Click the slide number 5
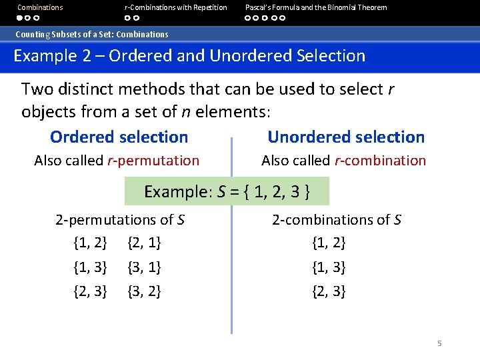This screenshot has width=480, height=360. (439, 343)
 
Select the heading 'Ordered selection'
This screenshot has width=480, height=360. (119, 137)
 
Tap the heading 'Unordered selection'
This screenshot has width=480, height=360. (345, 137)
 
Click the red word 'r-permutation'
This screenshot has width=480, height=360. (153, 160)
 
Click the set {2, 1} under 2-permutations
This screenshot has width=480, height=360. (143, 243)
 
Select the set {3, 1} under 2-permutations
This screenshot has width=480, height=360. (143, 267)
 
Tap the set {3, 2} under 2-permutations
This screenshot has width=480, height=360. (143, 291)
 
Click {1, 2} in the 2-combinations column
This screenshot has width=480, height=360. (329, 243)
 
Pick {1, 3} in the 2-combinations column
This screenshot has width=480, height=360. (329, 267)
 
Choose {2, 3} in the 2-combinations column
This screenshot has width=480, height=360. (329, 291)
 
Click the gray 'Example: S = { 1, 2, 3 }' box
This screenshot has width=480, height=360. (227, 192)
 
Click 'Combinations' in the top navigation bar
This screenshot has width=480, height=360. (40, 7)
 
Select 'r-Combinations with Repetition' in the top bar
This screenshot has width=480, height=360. (175, 7)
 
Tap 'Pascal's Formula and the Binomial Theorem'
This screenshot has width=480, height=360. (315, 7)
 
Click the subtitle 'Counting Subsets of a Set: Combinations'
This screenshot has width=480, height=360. (92, 34)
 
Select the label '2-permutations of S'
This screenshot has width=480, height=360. (120, 219)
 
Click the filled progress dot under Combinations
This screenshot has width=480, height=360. (21, 18)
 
